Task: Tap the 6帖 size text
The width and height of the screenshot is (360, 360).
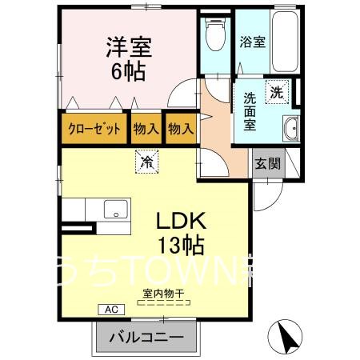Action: [x=128, y=72]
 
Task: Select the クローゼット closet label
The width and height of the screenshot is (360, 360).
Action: [x=94, y=128]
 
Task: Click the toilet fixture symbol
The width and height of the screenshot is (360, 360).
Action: [x=214, y=33]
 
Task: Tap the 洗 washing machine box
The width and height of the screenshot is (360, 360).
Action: [x=277, y=90]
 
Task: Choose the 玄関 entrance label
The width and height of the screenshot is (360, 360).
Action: [x=268, y=164]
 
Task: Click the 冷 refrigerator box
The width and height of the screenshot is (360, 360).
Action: [x=147, y=162]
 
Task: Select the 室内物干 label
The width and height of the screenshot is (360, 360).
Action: [x=163, y=293]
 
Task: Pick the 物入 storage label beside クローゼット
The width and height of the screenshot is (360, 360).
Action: [x=145, y=128]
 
